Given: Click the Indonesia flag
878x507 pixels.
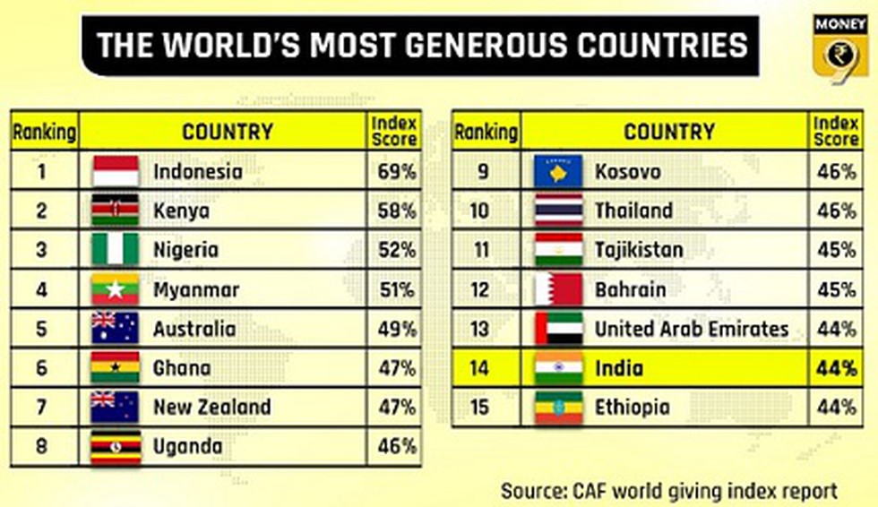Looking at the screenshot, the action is tap(116, 171).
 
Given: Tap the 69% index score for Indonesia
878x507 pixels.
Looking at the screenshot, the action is tap(396, 172).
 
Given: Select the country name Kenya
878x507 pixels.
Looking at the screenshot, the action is tap(181, 211).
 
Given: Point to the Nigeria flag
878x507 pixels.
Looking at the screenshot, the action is tap(116, 250).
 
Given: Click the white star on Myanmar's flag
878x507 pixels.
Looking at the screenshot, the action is tap(116, 289).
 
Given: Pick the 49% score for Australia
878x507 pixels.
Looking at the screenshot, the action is tap(396, 329).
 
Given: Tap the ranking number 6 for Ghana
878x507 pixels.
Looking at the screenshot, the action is tap(41, 368).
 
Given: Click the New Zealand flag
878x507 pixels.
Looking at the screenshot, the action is tap(115, 407).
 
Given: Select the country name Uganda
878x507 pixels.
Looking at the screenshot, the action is tap(187, 447).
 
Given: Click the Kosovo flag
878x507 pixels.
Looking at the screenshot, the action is tap(558, 171).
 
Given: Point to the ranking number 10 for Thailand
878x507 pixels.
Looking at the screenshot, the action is tap(480, 211).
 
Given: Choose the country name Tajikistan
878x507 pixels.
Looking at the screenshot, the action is tap(639, 250).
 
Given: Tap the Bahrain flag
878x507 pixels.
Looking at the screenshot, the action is tap(558, 289).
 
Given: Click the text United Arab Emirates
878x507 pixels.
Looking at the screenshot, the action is tap(692, 329).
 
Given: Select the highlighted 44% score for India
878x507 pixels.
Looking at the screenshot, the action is tap(836, 368).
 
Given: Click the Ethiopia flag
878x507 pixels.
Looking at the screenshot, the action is tap(558, 408).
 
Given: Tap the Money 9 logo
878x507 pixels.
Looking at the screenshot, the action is tap(840, 49).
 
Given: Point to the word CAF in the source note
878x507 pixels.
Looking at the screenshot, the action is tap(589, 492).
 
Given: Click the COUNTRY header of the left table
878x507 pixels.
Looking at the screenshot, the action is tap(228, 132).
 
